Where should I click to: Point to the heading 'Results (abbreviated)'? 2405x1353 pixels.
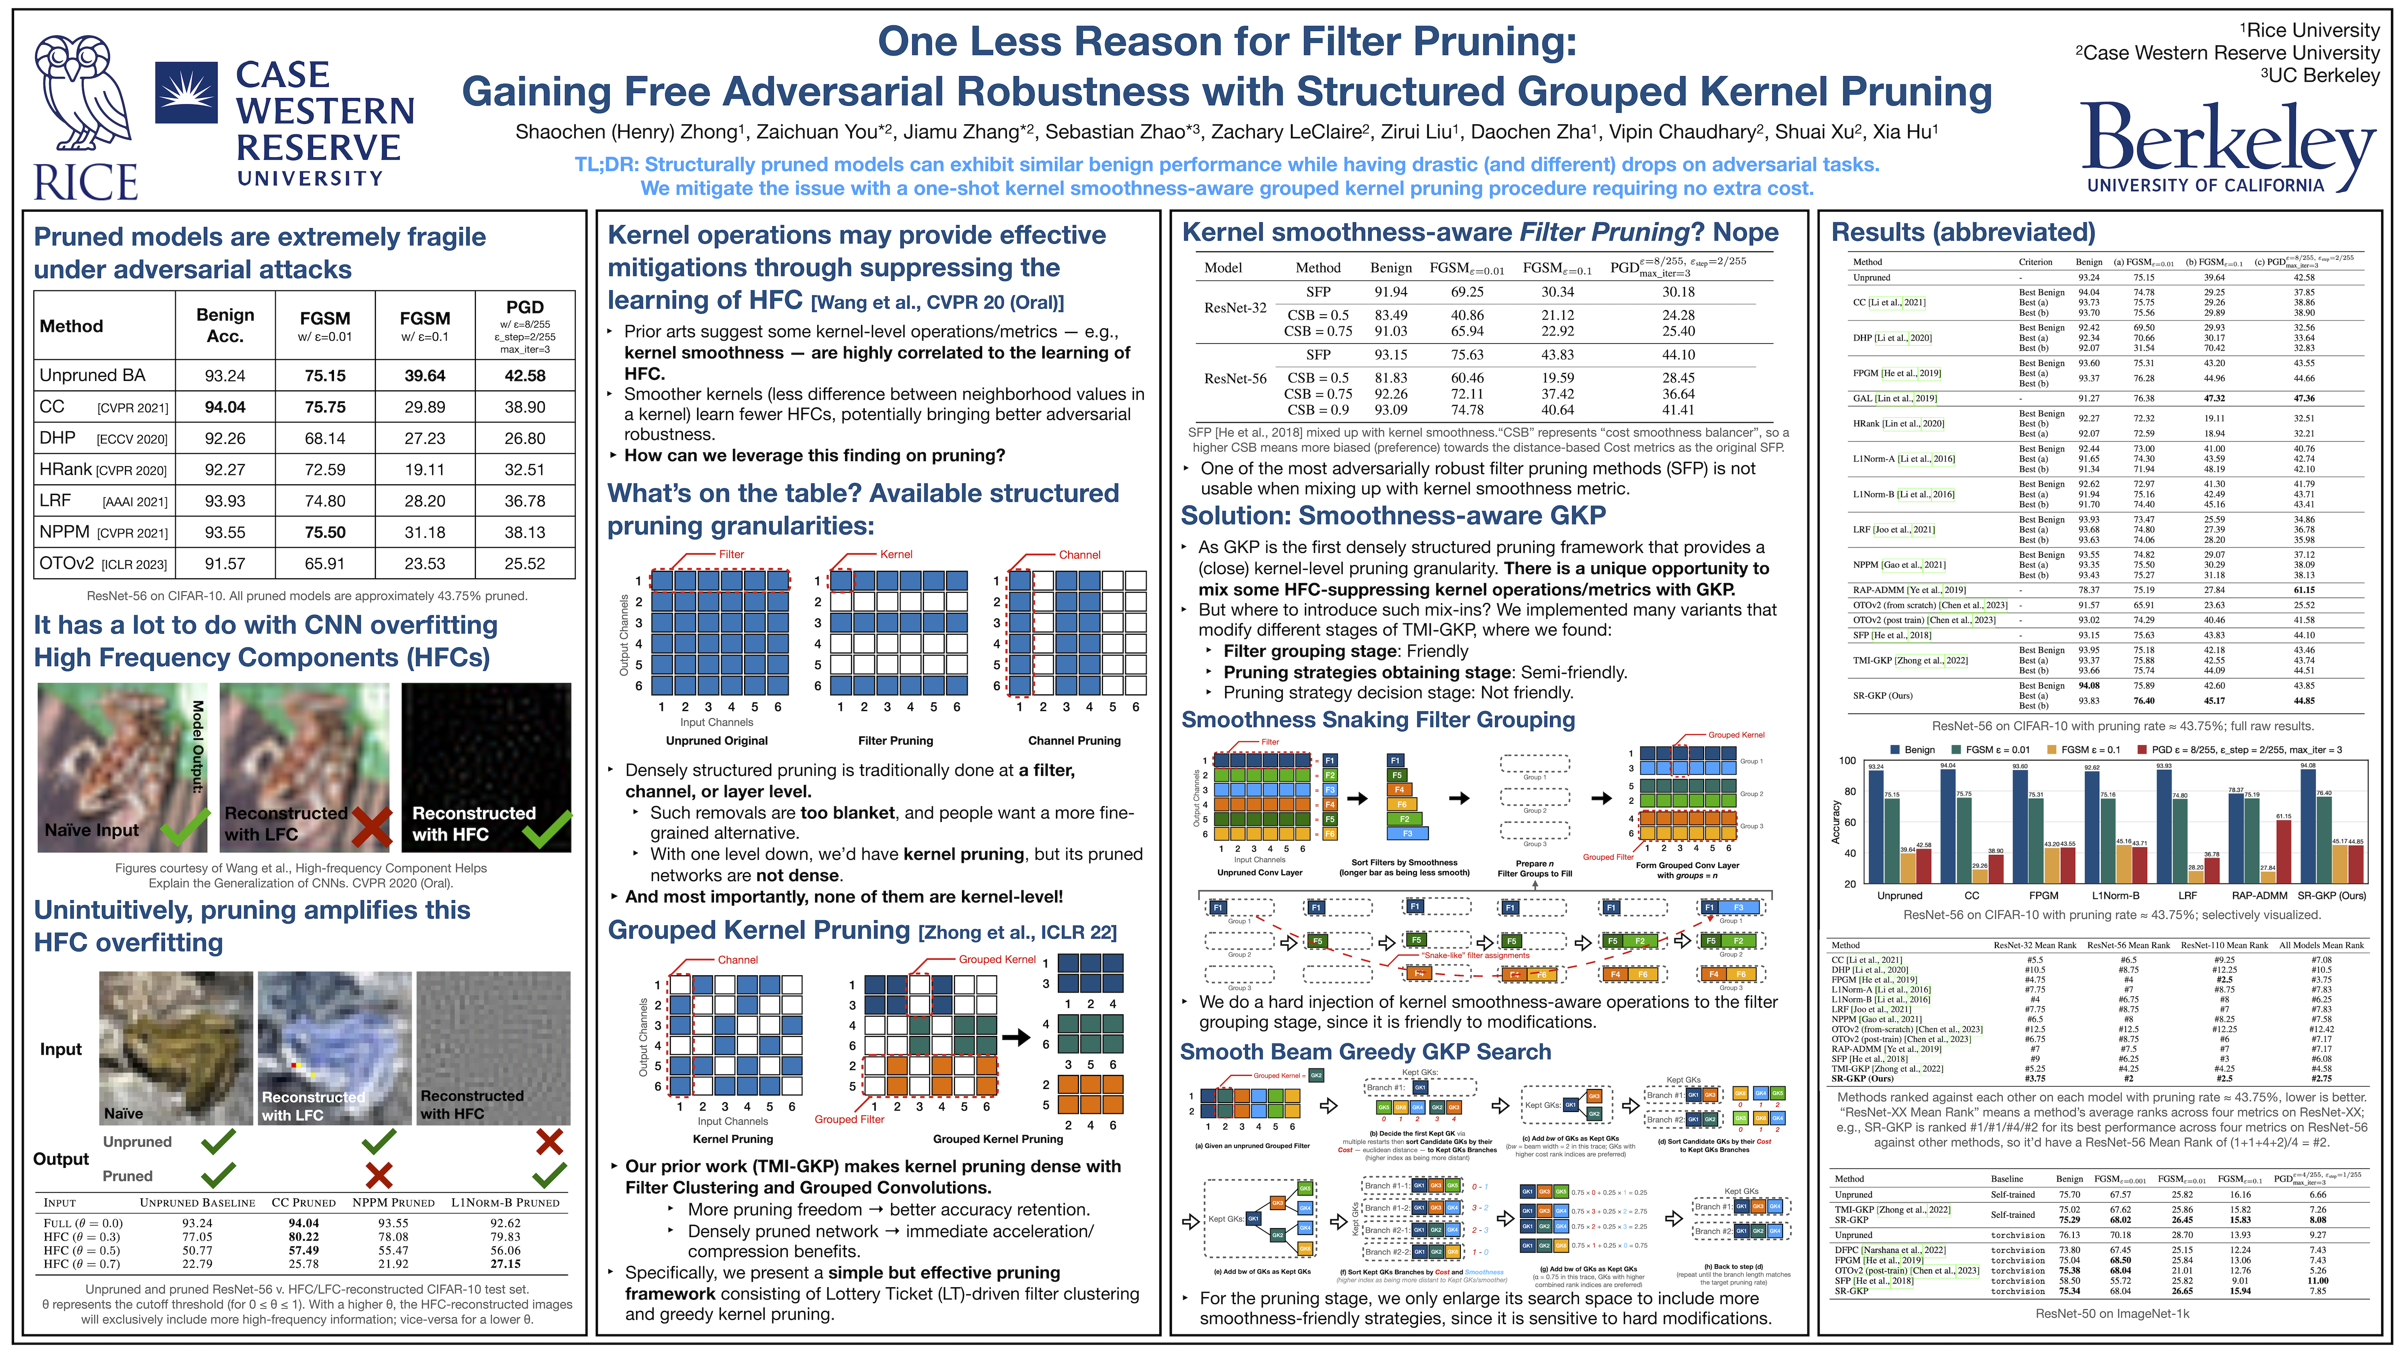pos(1963,233)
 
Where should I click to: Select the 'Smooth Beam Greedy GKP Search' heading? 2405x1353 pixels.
pos(1365,1052)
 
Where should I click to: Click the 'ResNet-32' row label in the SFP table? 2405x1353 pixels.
pos(1234,308)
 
